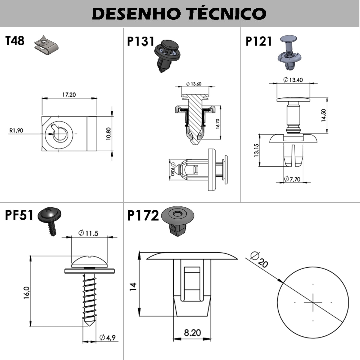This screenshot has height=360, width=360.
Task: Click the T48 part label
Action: tap(15, 40)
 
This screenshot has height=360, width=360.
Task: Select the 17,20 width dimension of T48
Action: tap(69, 94)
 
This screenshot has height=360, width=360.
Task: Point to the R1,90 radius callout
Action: tap(16, 130)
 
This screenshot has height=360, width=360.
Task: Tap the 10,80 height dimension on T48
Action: tap(108, 133)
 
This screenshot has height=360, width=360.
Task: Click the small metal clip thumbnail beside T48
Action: tap(46, 45)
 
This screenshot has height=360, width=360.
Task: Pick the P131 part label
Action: tap(140, 41)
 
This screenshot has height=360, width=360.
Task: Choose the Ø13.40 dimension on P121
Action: tap(293, 79)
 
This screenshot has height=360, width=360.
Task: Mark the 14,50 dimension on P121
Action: tap(323, 115)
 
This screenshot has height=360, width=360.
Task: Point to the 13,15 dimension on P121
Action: tap(256, 150)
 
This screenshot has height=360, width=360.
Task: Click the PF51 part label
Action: tap(19, 215)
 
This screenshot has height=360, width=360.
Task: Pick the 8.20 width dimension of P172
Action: tap(192, 333)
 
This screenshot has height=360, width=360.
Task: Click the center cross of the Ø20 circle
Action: tap(313, 302)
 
